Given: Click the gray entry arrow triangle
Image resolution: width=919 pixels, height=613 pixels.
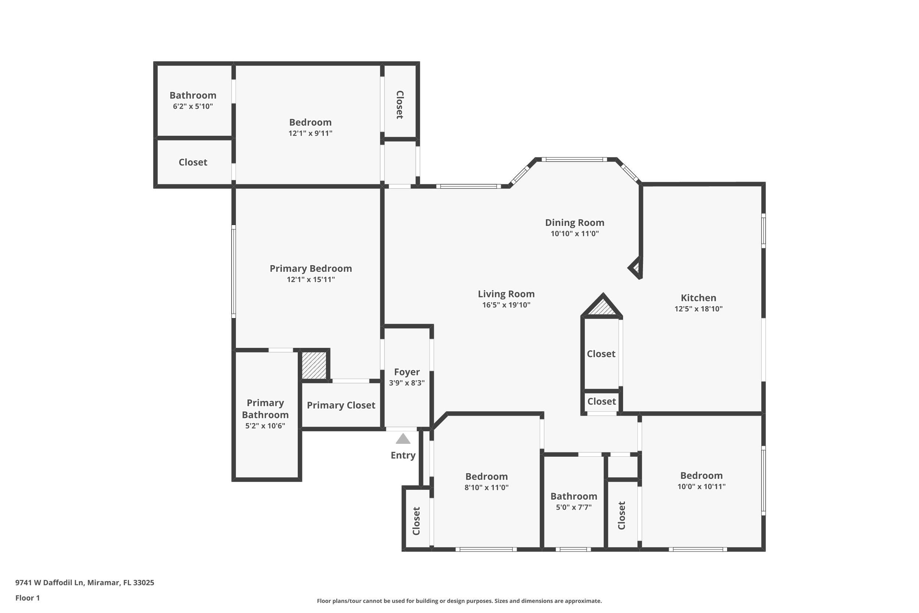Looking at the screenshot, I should (x=403, y=439).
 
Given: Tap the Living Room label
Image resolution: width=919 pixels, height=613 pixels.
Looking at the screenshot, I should (x=506, y=294).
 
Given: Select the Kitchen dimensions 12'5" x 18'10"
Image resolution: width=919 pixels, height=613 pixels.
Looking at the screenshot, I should (x=698, y=309).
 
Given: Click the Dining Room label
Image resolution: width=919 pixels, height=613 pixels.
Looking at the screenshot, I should (x=574, y=222).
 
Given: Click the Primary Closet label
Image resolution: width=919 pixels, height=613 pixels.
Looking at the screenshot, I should (x=341, y=405).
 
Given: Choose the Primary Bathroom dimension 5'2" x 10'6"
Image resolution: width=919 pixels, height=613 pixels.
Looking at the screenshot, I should (x=265, y=426).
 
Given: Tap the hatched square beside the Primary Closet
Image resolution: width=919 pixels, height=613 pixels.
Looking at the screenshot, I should (x=314, y=365).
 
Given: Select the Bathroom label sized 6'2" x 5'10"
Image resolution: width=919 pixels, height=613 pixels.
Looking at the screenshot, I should (x=193, y=95).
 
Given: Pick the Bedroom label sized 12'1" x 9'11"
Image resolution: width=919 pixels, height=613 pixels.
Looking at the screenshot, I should (x=310, y=122).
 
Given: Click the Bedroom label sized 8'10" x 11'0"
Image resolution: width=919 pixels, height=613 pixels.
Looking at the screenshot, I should (x=486, y=477).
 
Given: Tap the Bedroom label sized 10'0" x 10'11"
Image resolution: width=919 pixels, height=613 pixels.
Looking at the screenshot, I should (x=701, y=476).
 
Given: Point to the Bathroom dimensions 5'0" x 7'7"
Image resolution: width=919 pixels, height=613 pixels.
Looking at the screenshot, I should (x=573, y=507).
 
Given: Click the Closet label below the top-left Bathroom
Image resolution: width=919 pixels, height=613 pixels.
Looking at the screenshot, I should (x=193, y=162).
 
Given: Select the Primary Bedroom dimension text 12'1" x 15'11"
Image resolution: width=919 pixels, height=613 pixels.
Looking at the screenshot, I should (x=311, y=279).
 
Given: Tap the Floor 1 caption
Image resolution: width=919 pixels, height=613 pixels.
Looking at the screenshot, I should (x=27, y=598).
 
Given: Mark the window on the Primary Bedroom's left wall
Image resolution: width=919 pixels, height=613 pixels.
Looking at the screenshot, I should (x=234, y=272).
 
